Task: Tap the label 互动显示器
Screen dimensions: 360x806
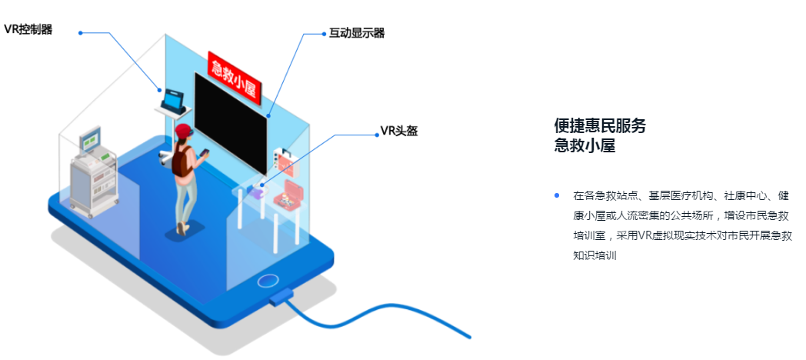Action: [x=356, y=33]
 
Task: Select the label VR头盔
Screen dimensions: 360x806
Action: [x=399, y=131]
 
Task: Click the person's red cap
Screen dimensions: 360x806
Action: [x=183, y=132]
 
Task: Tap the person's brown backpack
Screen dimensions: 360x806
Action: [x=182, y=161]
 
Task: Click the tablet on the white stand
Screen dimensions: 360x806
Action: [x=174, y=100]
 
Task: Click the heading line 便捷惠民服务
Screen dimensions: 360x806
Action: [x=600, y=126]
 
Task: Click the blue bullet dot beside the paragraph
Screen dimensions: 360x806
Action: [x=557, y=195]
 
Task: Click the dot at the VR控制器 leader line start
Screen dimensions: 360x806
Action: [x=81, y=32]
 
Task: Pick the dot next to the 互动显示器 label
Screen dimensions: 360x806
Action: [x=324, y=34]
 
